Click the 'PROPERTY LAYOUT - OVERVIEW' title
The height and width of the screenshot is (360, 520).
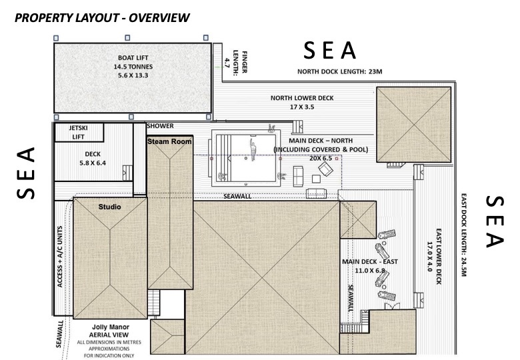[102, 17]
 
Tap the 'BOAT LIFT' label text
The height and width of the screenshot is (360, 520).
[133, 58]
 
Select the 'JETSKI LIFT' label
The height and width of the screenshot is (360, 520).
[78, 132]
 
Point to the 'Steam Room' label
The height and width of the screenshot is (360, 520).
[169, 141]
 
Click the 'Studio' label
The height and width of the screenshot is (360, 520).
[110, 207]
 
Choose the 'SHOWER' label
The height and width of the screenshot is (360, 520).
[160, 126]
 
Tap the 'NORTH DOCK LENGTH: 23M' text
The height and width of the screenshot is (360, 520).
[339, 71]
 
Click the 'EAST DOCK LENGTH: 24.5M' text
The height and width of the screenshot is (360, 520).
[463, 235]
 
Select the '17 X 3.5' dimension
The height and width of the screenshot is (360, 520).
[302, 107]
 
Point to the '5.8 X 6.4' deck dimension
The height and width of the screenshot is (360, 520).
[93, 163]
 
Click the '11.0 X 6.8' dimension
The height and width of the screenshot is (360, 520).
[370, 271]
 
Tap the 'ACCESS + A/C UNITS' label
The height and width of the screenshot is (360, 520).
[60, 257]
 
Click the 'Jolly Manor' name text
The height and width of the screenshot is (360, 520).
[111, 327]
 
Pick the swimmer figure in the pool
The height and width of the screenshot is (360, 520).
[253, 149]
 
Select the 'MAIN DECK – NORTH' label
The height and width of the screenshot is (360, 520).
[321, 141]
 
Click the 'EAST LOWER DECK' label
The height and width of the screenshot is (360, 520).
[439, 256]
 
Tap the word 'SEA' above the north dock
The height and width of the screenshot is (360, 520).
[329, 51]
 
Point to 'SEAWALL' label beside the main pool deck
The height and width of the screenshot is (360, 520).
[237, 196]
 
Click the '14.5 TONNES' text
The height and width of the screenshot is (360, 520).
[133, 67]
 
